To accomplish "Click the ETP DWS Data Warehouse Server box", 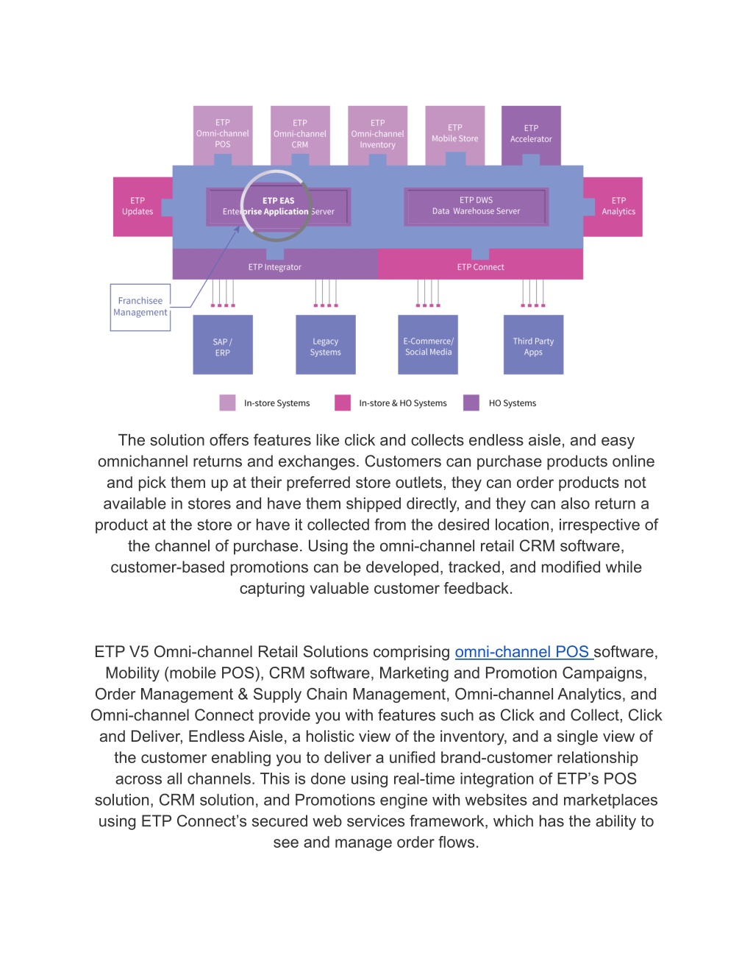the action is (x=477, y=206).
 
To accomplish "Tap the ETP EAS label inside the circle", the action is (x=279, y=201).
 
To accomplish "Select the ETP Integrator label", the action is (x=275, y=267).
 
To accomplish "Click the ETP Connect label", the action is (x=480, y=267).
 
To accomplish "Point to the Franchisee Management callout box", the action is (x=140, y=308).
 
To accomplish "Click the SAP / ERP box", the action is (x=223, y=344).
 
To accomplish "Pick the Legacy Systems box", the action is (x=326, y=344).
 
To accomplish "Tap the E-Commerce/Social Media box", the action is (x=428, y=344).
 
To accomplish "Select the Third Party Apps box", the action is (x=533, y=344).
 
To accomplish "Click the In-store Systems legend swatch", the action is (x=227, y=403).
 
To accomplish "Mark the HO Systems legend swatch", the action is (x=471, y=403).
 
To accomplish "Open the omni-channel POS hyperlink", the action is (x=524, y=651).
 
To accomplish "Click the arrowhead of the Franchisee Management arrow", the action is (x=238, y=229).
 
